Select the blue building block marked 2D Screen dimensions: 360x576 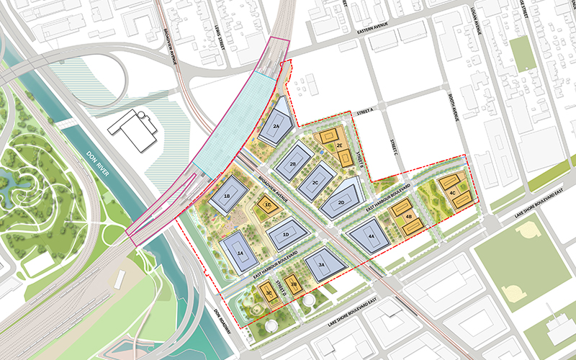tap(342, 202)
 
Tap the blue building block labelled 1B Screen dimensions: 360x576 tap(227, 196)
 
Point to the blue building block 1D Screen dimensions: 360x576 tap(286, 235)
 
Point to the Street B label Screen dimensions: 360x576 tap(354, 163)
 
